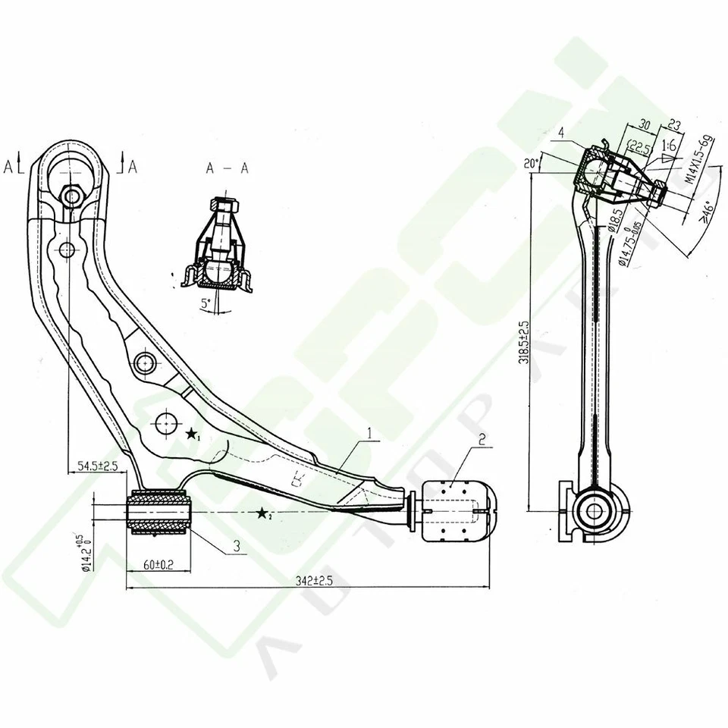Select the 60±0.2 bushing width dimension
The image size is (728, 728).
point(158,565)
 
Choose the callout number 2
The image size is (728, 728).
point(482,438)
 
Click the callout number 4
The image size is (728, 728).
point(560,133)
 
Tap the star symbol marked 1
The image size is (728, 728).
point(192,435)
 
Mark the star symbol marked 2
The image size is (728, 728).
point(263,514)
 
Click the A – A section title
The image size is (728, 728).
point(227,169)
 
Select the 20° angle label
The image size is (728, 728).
point(530,163)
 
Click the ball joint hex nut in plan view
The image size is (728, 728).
point(72,196)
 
